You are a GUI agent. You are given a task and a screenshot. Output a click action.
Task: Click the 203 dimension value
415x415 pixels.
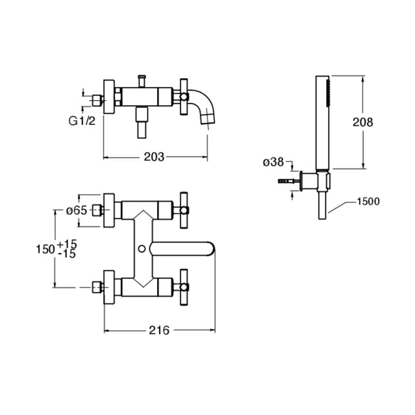point(154,157)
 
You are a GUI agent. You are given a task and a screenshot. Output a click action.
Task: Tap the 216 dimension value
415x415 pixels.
point(159,330)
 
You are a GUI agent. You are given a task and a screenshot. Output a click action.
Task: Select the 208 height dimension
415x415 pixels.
point(363,122)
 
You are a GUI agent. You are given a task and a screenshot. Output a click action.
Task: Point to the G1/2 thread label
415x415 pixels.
point(82,121)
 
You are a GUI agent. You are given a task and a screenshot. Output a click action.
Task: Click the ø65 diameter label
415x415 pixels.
point(76,211)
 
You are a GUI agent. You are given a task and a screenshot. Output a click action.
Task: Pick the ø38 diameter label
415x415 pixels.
point(273,162)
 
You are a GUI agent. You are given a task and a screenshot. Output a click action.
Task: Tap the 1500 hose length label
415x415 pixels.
point(368,201)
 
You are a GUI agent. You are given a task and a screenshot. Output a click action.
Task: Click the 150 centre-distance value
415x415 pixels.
point(45,249)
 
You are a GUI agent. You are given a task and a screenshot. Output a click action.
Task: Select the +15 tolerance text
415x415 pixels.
point(67,243)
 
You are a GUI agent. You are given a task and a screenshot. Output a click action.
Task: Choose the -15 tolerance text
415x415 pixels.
point(67,254)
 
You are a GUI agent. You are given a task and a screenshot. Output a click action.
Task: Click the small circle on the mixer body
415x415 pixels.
point(142,248)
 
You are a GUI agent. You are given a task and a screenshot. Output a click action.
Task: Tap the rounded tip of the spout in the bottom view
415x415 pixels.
point(212,249)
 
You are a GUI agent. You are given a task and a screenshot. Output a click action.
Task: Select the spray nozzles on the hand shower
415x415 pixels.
point(328,94)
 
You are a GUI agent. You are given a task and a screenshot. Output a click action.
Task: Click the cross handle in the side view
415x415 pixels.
point(184,96)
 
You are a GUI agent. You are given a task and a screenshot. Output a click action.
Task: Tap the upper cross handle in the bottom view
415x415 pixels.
point(184,210)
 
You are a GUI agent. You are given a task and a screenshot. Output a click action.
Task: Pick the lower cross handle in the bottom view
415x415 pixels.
point(184,287)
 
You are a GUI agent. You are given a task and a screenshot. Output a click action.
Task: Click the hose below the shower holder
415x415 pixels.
point(322,205)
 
